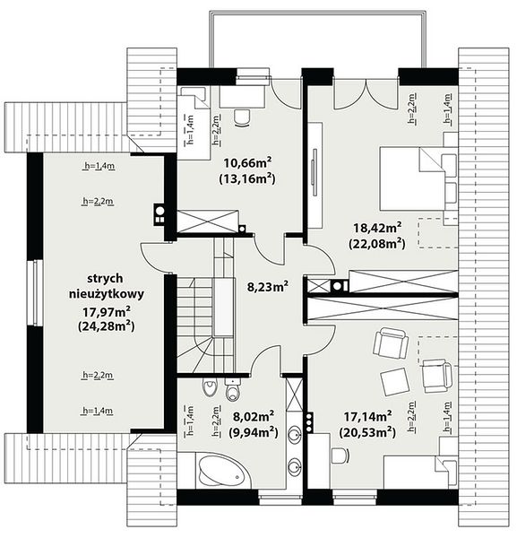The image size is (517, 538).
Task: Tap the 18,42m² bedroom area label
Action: tap(377, 228)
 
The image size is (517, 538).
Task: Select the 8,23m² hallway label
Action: tap(267, 286)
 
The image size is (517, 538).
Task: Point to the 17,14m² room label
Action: tap(368, 417)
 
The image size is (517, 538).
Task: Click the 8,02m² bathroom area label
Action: tap(254, 417)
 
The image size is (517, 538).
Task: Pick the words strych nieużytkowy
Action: tap(107, 286)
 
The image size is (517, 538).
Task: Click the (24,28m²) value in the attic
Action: tap(107, 326)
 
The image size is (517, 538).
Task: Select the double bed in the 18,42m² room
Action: tap(418, 178)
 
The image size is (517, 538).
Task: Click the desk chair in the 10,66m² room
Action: tap(242, 117)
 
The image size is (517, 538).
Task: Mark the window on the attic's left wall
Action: tap(35, 292)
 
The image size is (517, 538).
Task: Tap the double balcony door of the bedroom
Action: tap(366, 93)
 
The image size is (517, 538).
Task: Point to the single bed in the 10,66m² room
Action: tap(194, 123)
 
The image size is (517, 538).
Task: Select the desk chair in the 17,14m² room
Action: tap(340, 456)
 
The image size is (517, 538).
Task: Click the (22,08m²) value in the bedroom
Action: tap(377, 244)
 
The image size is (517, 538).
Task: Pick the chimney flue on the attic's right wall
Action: tap(159, 214)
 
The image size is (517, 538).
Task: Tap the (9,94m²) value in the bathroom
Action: tap(254, 433)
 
